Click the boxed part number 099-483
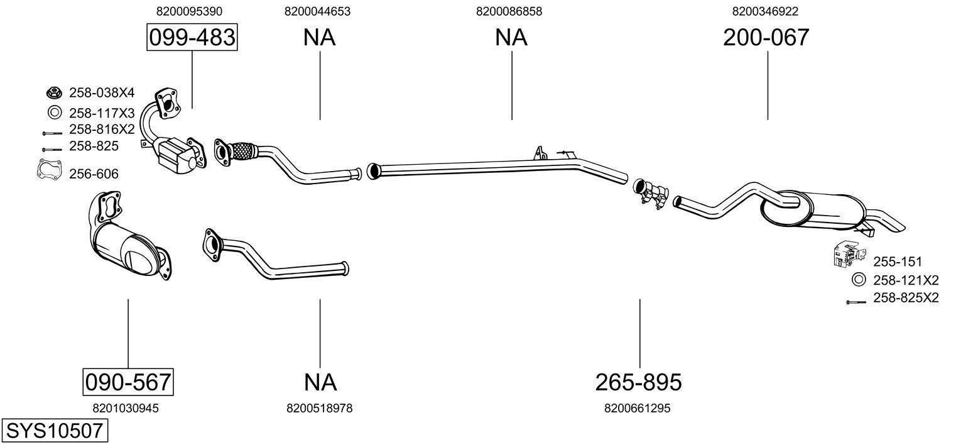(x=192, y=38)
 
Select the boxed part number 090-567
(x=128, y=382)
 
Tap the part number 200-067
(x=766, y=38)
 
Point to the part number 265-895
(x=638, y=382)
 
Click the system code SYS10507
(x=54, y=431)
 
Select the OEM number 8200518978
(x=319, y=409)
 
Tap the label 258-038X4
(x=102, y=93)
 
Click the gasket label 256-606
(x=94, y=174)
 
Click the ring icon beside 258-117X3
(x=54, y=113)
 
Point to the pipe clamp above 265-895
(x=651, y=192)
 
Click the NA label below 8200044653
(x=319, y=38)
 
